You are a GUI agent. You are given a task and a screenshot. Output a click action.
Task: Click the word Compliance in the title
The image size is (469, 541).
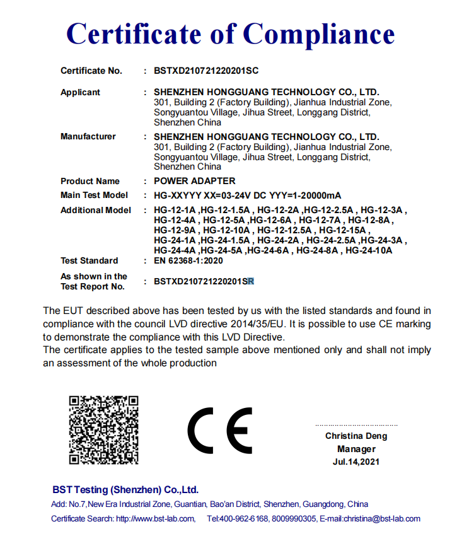point(320,33)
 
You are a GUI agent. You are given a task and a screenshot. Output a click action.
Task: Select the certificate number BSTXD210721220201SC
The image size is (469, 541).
point(206,71)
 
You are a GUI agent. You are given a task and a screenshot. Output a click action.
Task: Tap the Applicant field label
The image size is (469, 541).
point(80,93)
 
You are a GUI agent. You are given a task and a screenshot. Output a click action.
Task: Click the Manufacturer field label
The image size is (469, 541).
point(88,137)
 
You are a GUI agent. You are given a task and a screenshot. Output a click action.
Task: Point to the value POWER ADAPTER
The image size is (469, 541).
point(195,181)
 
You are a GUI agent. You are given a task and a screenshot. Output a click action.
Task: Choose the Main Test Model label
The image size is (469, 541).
point(94,195)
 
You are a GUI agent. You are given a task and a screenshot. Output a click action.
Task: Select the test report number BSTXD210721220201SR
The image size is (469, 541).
point(204,282)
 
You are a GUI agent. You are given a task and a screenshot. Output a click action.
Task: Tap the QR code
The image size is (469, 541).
point(103,430)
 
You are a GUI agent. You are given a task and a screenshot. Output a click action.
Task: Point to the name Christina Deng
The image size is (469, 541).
point(356,436)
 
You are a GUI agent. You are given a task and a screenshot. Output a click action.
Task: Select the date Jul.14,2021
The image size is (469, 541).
point(356,462)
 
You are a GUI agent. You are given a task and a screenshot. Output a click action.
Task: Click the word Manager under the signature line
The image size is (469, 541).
point(356,449)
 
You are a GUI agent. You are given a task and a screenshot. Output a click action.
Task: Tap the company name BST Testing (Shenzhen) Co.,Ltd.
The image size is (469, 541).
point(125,490)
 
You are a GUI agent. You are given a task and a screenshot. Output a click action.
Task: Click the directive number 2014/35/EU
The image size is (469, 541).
point(258,323)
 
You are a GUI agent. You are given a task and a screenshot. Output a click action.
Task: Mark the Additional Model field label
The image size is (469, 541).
point(96,211)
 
